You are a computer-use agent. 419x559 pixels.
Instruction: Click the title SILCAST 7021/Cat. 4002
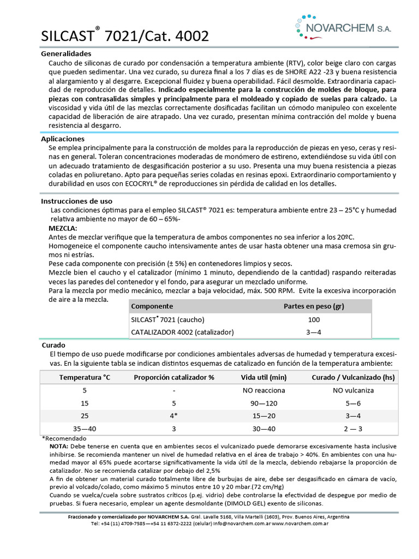[125, 36]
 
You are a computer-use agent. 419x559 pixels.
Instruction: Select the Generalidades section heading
[66, 54]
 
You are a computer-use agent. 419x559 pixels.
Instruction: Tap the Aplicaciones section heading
[63, 139]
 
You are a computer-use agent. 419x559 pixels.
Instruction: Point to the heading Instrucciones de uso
[77, 201]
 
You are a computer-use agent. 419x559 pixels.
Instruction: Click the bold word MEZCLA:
[63, 228]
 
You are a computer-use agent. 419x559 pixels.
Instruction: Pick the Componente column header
[152, 306]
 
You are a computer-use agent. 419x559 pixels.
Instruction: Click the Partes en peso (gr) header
[314, 306]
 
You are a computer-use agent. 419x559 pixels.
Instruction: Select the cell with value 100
[314, 319]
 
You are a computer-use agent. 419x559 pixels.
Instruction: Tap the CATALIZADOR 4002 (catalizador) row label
[182, 332]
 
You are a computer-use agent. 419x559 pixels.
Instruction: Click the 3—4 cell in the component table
[314, 332]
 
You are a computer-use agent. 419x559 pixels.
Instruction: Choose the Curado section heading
[53, 346]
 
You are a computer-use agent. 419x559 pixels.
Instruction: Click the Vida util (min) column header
[264, 377]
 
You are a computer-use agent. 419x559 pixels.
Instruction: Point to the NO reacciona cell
[264, 390]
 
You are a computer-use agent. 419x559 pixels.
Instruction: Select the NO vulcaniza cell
[353, 390]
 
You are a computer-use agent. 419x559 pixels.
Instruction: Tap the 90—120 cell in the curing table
[264, 403]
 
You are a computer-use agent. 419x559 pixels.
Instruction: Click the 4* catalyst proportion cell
[173, 416]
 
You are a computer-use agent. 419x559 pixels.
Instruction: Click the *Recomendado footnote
[64, 438]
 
